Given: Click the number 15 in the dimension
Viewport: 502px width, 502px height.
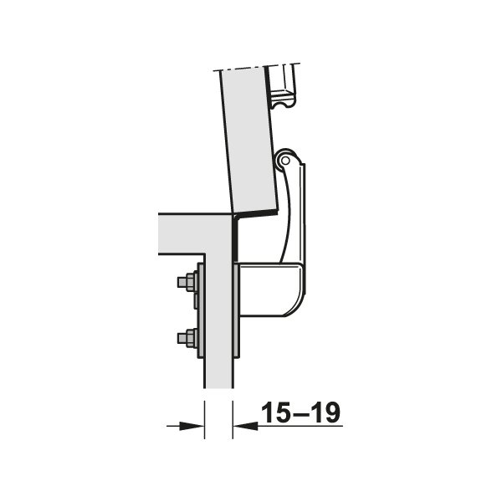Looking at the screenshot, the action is pos(275,412).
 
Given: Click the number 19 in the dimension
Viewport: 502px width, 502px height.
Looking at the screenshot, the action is pos(325,412).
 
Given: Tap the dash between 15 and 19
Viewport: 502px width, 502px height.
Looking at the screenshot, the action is pos(300,414).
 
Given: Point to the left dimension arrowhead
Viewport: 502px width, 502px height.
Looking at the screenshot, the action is pos(192,426).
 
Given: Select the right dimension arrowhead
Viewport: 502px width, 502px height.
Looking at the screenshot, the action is pos(245,426).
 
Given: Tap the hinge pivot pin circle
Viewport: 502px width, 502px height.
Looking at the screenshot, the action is pos(286,160).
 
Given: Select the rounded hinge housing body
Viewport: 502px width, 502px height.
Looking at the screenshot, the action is pos(271,289).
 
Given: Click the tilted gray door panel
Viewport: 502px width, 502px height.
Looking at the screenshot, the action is pos(248,141).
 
